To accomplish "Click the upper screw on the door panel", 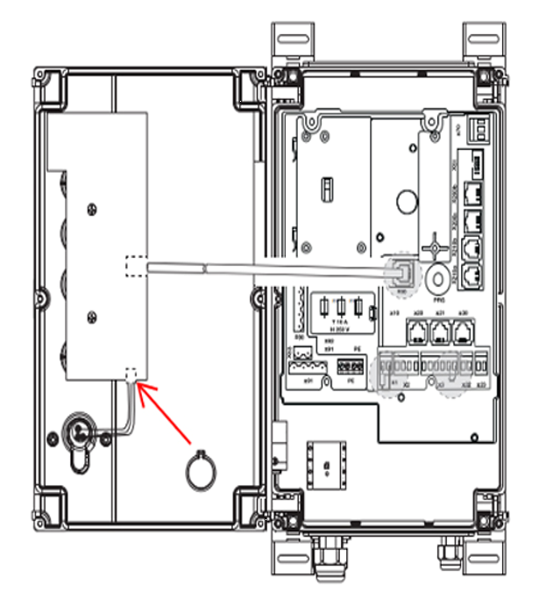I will [x=90, y=207].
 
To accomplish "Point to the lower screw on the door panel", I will [x=90, y=317].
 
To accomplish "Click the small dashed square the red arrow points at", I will [x=132, y=374].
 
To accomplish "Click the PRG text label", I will [x=441, y=299].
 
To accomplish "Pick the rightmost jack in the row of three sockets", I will [x=464, y=332].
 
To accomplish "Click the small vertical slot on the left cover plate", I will [x=325, y=189].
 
